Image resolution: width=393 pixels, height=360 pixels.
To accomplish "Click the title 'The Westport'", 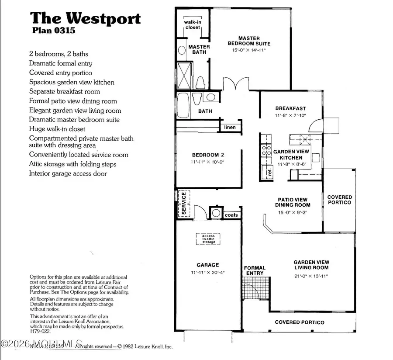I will click(85, 19).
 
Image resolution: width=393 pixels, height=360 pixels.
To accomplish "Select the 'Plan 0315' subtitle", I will click(54, 31).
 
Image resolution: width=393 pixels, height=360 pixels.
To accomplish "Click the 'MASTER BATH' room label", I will click(199, 49).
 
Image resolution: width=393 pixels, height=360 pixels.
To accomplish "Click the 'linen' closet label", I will click(230, 127).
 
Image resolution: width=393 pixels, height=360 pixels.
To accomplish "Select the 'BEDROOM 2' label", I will click(208, 155).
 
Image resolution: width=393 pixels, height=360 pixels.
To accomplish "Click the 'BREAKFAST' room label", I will click(290, 108).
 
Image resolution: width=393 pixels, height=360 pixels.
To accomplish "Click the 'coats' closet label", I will click(231, 215).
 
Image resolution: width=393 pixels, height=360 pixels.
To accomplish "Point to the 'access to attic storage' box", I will click(208, 239).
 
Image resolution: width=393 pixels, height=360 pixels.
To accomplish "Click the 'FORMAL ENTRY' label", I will click(255, 270).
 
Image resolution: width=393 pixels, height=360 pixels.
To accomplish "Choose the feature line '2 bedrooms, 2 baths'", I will click(59, 54).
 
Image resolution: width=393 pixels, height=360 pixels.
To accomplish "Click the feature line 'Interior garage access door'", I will click(68, 173).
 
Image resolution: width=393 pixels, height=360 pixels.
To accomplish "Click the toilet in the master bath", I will click(200, 82).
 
